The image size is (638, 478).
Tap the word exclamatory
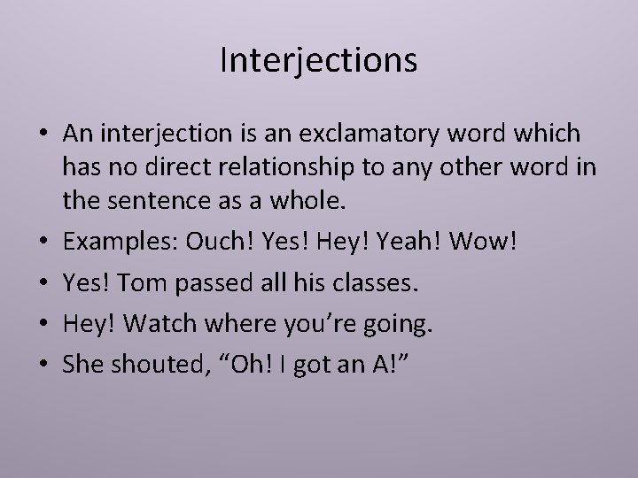[x=380, y=134]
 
